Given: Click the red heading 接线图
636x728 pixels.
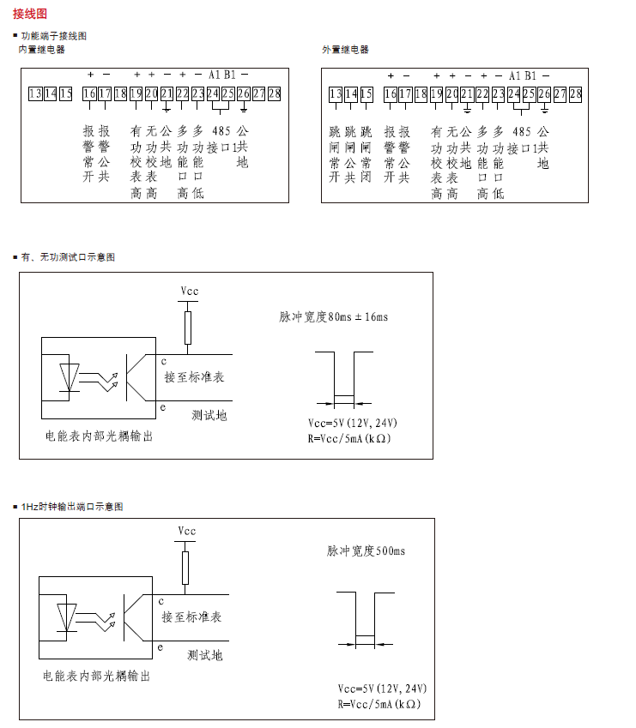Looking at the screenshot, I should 30,14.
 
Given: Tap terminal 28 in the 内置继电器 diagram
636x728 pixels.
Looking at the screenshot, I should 275,93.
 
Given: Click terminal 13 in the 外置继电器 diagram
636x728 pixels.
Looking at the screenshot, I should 336,93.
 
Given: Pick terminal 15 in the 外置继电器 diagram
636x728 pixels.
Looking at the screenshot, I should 366,93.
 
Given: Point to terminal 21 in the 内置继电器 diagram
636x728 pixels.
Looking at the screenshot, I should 167,93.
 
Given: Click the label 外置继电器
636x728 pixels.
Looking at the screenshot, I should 345,50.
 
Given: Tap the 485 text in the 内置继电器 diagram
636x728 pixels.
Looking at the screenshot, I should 221,132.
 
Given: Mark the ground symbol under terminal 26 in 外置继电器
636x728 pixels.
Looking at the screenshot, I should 544,110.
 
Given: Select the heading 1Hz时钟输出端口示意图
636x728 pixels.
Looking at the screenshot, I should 76,507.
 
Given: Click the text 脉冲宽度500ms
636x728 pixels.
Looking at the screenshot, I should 366,551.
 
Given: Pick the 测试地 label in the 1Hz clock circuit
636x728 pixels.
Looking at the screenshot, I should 205,655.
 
